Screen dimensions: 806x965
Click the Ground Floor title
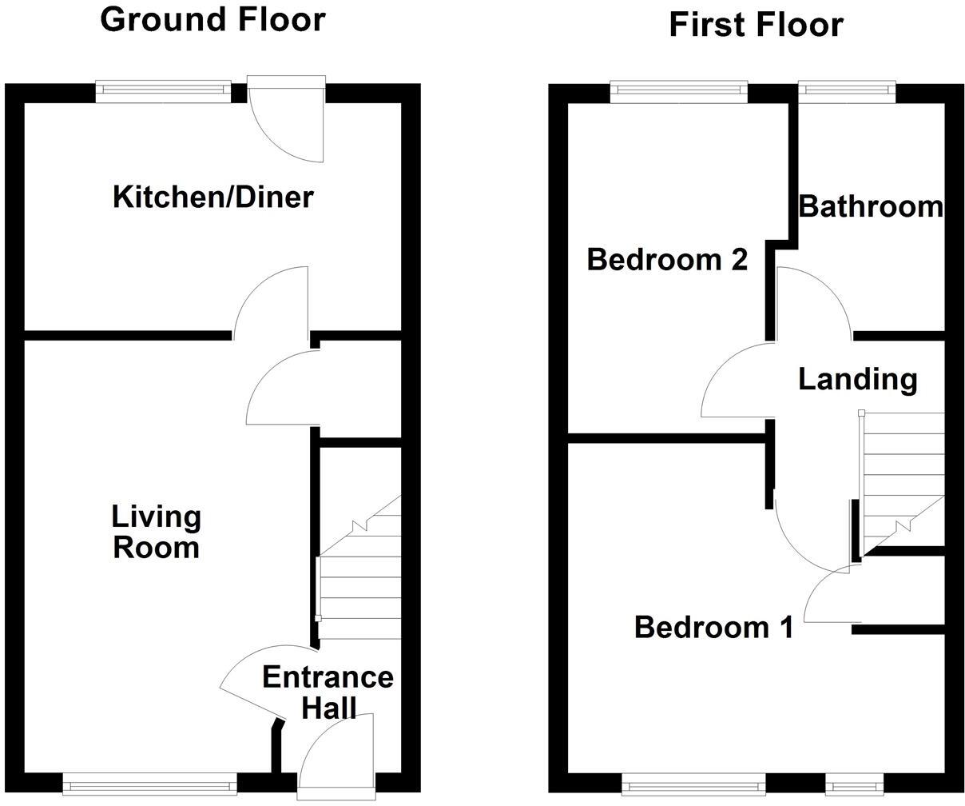pyautogui.click(x=212, y=20)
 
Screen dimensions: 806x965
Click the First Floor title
pyautogui.click(x=755, y=25)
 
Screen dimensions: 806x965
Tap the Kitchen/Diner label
pyautogui.click(x=212, y=197)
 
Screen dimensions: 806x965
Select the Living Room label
pyautogui.click(x=156, y=532)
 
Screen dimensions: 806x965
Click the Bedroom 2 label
pyautogui.click(x=667, y=260)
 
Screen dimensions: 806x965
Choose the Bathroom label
pyautogui.click(x=871, y=206)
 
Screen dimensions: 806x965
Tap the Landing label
pyautogui.click(x=857, y=379)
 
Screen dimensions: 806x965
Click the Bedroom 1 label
pyautogui.click(x=713, y=628)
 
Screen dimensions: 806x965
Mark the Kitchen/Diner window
pyautogui.click(x=163, y=91)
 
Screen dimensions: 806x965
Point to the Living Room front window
pyautogui.click(x=149, y=783)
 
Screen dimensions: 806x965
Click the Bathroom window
pyautogui.click(x=847, y=91)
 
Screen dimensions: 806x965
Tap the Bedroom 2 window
pyautogui.click(x=679, y=91)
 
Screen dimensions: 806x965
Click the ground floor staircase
pyautogui.click(x=359, y=576)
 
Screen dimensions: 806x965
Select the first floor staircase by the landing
pyautogui.click(x=901, y=480)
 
